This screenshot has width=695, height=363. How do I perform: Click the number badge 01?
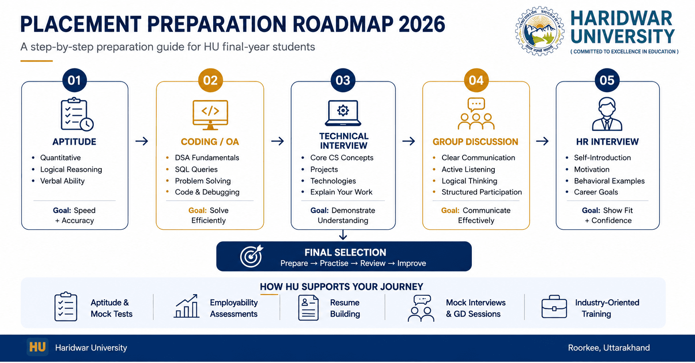[74, 80]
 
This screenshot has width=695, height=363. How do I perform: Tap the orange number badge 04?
[476, 80]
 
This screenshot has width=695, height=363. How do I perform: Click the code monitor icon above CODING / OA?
[210, 115]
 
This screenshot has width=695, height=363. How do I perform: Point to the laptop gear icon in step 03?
[343, 113]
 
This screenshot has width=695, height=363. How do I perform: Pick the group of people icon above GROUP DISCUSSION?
[476, 114]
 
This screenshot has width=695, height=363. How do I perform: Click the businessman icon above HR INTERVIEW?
[607, 114]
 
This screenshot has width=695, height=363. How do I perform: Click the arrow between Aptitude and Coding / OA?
[141, 141]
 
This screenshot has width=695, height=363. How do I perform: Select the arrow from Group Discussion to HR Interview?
[542, 141]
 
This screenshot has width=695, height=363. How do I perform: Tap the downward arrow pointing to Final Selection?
[343, 235]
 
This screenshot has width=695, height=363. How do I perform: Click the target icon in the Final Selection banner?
[251, 256]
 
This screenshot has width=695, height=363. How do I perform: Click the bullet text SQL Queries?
[196, 169]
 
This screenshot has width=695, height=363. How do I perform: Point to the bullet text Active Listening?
[468, 169]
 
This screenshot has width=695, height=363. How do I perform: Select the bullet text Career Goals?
[596, 192]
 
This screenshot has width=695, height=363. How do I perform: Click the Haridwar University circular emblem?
[539, 31]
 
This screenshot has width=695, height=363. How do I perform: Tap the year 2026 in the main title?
[422, 24]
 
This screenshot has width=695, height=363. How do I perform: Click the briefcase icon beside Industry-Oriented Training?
[554, 307]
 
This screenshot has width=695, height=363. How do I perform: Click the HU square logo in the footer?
[37, 347]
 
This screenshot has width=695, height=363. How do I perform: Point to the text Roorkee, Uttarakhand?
[608, 348]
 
